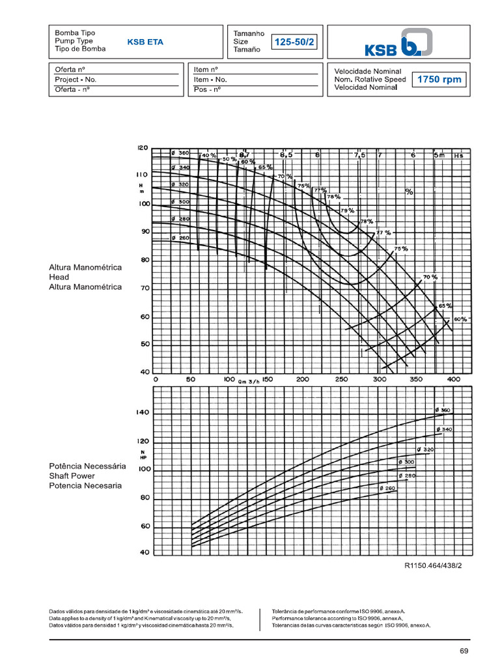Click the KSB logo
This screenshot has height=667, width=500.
[x=397, y=43]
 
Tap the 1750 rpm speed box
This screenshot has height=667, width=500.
[x=439, y=79]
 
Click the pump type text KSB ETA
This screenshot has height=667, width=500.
[x=145, y=42]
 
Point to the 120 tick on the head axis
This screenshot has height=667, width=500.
[x=143, y=148]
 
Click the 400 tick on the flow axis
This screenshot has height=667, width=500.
[x=454, y=379]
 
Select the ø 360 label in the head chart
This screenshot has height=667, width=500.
[x=180, y=153]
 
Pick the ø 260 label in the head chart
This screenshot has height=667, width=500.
[x=180, y=238]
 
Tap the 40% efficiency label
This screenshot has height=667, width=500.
[x=209, y=156]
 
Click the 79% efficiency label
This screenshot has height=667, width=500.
[x=347, y=210]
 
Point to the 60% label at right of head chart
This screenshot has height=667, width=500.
[x=460, y=319]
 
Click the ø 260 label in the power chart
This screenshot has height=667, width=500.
[x=387, y=488]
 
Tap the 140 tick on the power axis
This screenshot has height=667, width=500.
[x=143, y=412]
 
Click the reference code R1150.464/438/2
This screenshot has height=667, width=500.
[x=433, y=565]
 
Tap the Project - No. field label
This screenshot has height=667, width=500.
[x=76, y=79]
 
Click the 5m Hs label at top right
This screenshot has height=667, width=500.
[x=449, y=156]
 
